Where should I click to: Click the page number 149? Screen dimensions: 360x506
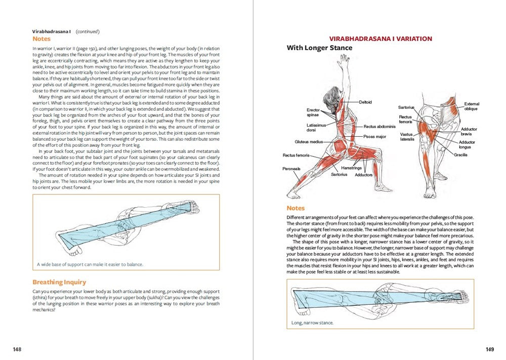click(489, 349)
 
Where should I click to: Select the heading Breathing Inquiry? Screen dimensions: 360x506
click(59, 282)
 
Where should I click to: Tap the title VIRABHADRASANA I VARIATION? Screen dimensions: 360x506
click(381, 38)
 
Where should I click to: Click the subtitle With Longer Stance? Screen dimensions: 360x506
click(319, 48)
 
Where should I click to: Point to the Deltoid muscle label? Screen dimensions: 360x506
click(365, 102)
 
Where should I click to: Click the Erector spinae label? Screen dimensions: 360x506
click(313, 112)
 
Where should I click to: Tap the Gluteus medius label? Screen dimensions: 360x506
click(309, 142)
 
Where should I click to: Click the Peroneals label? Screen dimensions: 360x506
click(291, 169)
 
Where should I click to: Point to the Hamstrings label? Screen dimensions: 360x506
click(351, 167)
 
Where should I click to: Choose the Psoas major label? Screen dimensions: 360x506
click(375, 136)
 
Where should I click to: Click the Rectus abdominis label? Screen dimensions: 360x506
click(379, 127)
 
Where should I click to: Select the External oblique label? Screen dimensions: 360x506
click(471, 106)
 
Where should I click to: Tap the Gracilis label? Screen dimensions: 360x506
click(460, 155)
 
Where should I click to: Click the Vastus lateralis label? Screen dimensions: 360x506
click(407, 137)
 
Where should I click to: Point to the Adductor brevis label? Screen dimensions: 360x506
click(469, 132)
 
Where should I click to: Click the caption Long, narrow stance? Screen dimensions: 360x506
click(312, 323)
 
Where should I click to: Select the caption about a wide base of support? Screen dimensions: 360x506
click(90, 264)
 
